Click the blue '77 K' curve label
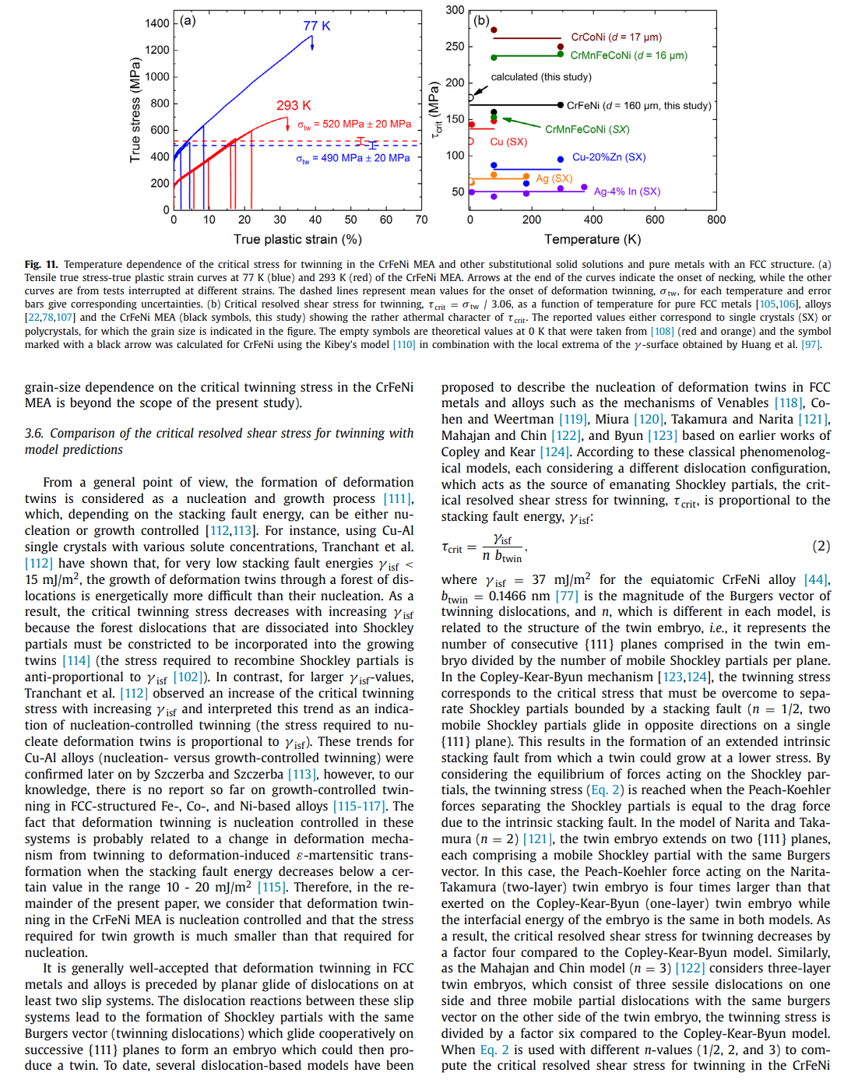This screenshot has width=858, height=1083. click(317, 26)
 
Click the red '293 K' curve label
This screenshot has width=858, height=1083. click(294, 105)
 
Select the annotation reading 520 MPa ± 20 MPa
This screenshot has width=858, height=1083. click(354, 124)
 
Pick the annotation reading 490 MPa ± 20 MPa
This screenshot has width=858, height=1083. click(353, 158)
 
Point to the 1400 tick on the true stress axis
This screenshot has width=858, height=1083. click(156, 23)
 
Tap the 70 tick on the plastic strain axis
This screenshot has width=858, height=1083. click(421, 220)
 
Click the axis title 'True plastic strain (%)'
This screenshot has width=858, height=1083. click(297, 240)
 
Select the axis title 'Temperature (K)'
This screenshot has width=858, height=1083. click(593, 240)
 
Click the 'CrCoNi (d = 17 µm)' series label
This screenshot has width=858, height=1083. click(616, 37)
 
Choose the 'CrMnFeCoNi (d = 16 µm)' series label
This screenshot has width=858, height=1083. click(628, 55)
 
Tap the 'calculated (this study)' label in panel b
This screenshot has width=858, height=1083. click(540, 77)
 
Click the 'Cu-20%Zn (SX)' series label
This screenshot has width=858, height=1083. click(609, 157)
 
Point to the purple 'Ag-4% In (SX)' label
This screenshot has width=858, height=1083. click(627, 192)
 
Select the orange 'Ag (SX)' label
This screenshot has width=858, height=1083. click(554, 178)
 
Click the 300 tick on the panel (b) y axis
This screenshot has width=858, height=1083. click(455, 10)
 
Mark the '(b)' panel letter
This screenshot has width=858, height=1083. click(481, 20)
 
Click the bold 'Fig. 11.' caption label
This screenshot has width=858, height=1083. click(41, 265)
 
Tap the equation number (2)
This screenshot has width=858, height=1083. click(821, 546)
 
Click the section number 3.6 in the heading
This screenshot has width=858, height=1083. click(33, 434)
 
